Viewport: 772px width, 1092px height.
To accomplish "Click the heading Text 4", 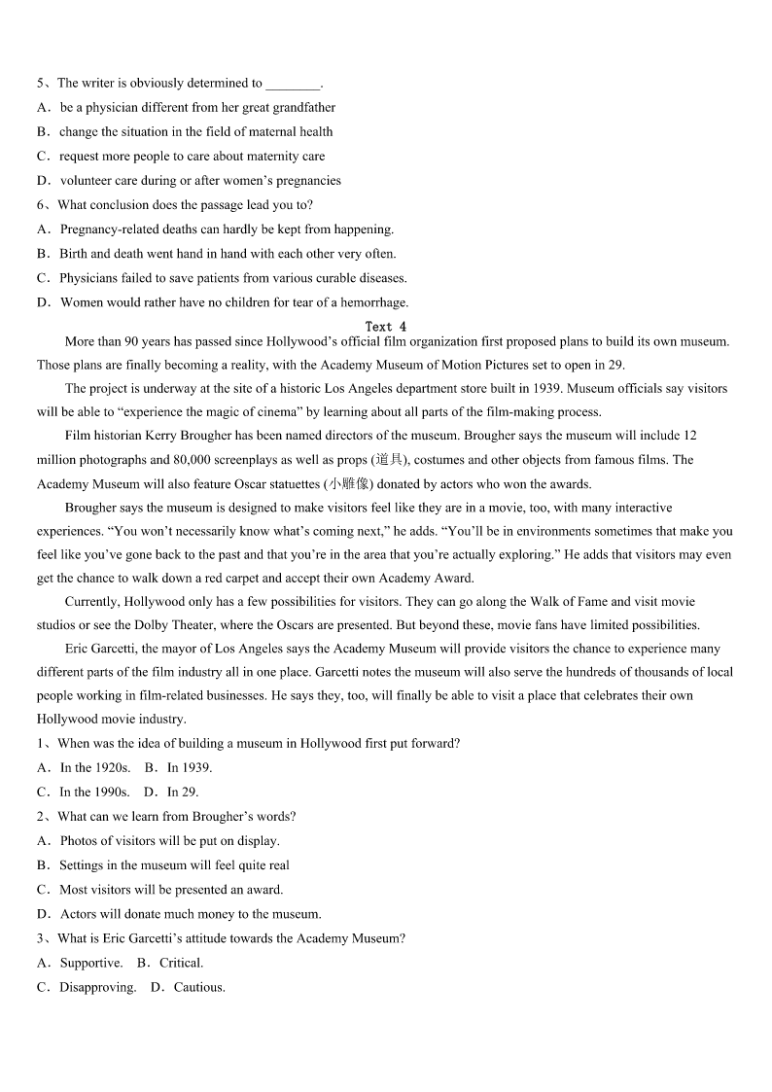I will pyautogui.click(x=386, y=327).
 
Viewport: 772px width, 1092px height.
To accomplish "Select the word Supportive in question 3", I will pyautogui.click(x=91, y=963).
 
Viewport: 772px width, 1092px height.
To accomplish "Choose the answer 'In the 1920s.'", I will pyautogui.click(x=95, y=767).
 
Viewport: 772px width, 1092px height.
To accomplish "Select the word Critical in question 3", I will pyautogui.click(x=181, y=963).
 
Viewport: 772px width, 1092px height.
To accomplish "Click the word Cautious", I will pyautogui.click(x=199, y=987).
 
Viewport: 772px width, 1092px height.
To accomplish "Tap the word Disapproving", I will pyautogui.click(x=97, y=987).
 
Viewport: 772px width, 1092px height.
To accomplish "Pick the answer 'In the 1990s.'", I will pyautogui.click(x=94, y=792).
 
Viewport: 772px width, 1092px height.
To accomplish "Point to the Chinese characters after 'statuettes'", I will pyautogui.click(x=349, y=484).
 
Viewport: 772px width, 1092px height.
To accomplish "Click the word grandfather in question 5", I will pyautogui.click(x=303, y=108).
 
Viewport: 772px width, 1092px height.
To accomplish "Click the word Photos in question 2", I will pyautogui.click(x=78, y=841).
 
